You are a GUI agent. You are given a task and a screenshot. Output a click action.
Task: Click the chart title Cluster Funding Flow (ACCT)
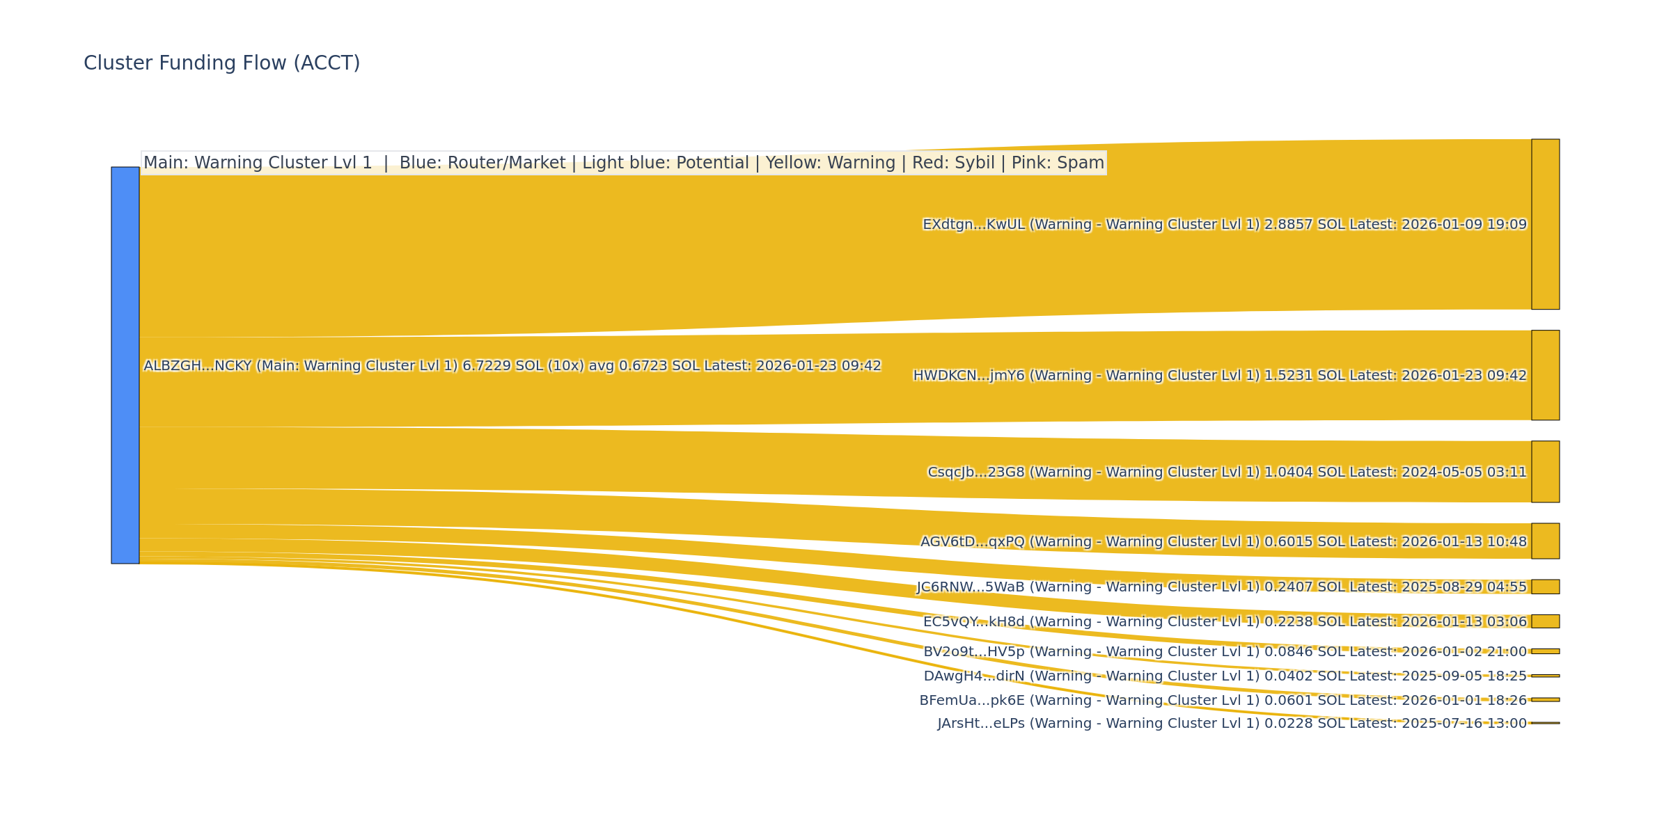221,63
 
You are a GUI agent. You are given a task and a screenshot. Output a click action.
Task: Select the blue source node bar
125,365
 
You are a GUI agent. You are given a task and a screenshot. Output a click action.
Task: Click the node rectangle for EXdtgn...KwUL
1545,224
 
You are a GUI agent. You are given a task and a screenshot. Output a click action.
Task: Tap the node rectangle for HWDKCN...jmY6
1545,375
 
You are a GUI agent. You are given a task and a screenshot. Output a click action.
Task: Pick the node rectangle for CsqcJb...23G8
1545,472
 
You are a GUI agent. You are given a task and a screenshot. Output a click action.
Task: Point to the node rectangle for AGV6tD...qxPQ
1545,541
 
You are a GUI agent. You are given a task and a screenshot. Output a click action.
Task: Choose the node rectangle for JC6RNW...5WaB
1545,587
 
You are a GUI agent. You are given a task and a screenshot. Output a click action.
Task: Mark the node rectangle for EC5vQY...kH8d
1545,621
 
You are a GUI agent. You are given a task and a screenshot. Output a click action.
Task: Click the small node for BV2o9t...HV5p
1545,651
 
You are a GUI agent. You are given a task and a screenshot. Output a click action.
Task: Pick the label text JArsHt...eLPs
981,724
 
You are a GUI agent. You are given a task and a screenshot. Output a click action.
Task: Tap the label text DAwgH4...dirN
974,676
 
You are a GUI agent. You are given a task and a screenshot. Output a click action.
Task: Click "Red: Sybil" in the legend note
953,163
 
